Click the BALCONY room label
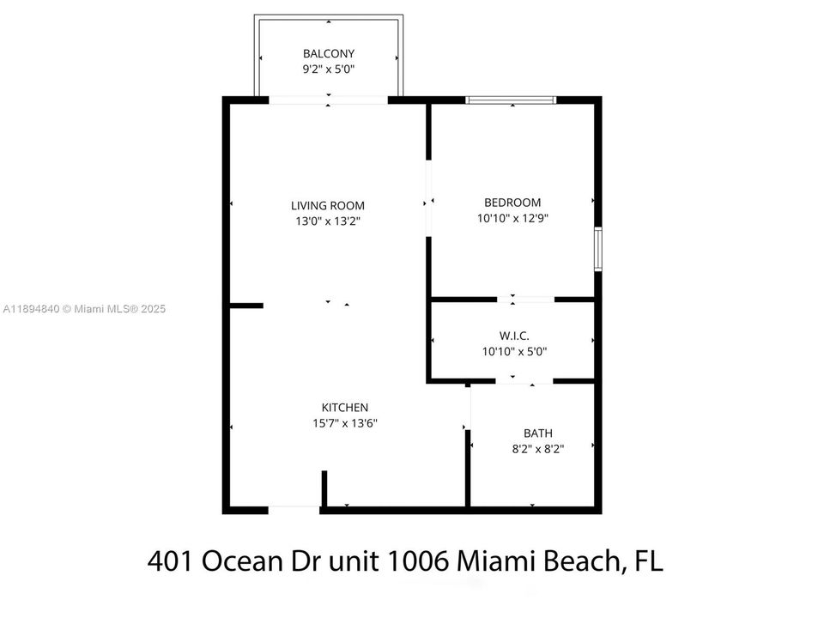tap(328, 53)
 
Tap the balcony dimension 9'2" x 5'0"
tap(328, 68)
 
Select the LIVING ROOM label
tap(328, 205)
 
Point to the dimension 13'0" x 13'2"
tap(328, 220)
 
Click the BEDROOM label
tap(512, 203)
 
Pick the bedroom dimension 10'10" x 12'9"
tap(512, 218)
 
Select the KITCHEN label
tap(345, 407)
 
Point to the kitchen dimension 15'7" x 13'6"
tap(345, 422)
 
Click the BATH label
tap(538, 433)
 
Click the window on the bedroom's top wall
tap(511, 100)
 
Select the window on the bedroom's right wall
tap(598, 249)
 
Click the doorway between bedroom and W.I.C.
tap(525, 300)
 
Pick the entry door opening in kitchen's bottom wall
tap(294, 510)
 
